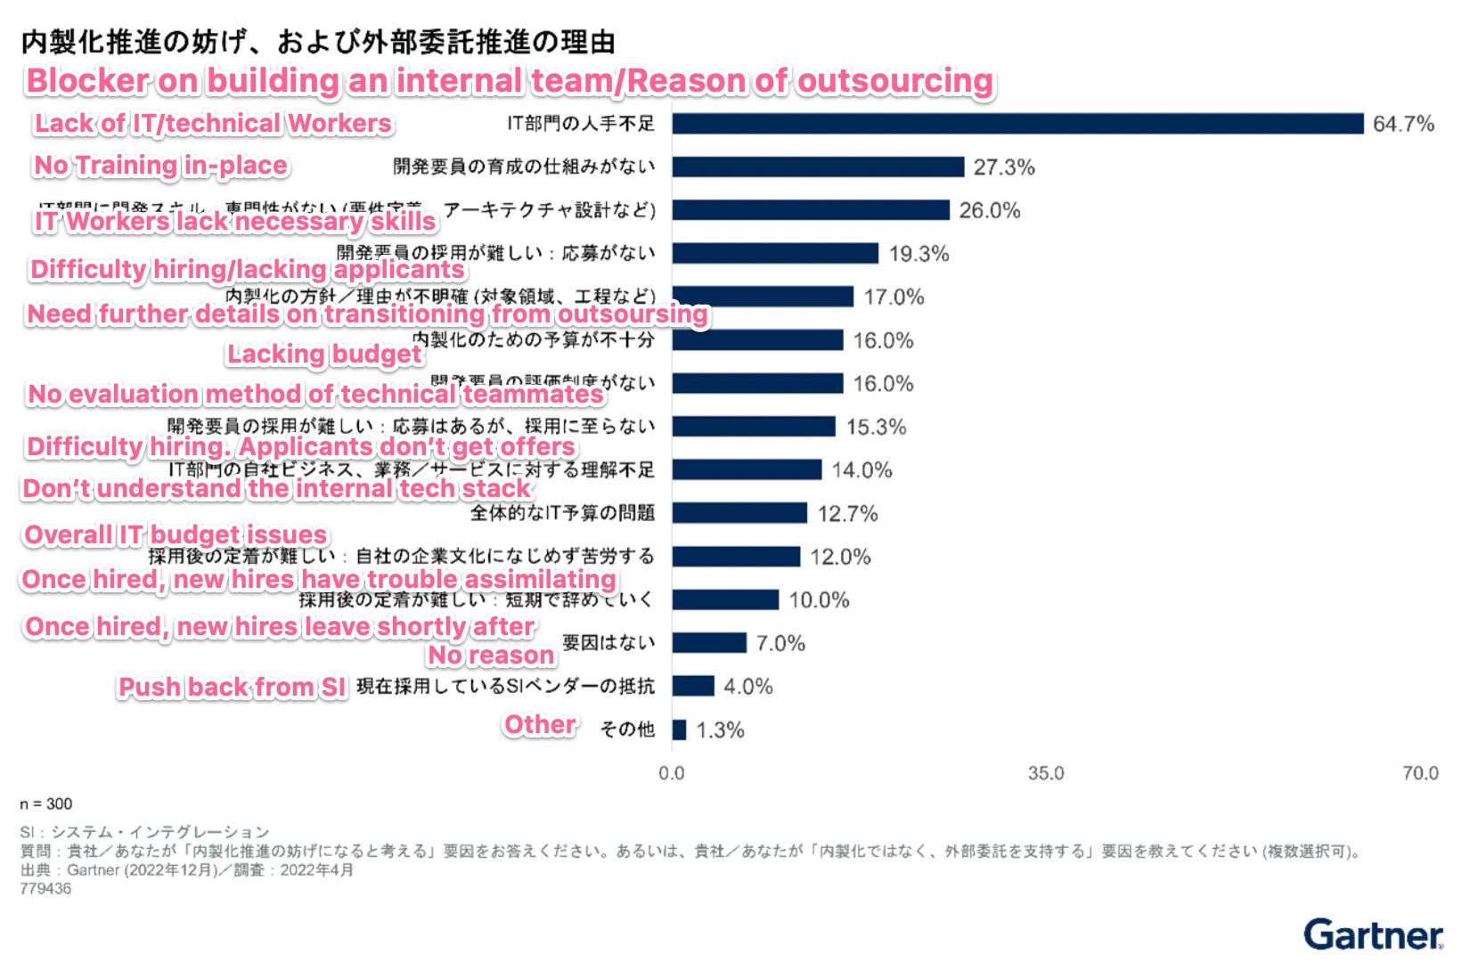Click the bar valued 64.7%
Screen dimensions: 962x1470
coord(1017,123)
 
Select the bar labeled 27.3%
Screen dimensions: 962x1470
coord(818,167)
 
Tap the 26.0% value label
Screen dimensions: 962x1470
coord(989,210)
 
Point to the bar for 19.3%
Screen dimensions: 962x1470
coord(775,253)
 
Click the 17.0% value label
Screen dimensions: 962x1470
coord(894,297)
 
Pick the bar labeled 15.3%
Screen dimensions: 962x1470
coord(754,427)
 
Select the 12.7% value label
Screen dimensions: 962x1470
coord(847,513)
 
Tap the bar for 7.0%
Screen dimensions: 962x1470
coord(709,642)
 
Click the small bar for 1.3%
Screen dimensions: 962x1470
coord(679,730)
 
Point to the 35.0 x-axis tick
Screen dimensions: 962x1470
coord(1045,772)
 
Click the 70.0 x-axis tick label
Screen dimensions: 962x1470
coord(1420,772)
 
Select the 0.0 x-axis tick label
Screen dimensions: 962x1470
coord(672,772)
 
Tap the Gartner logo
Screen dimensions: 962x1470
coord(1373,934)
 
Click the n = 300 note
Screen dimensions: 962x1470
coord(46,803)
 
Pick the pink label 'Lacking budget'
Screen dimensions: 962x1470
coord(324,354)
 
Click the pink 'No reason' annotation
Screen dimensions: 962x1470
coord(491,655)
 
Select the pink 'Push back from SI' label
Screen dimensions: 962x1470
coord(233,687)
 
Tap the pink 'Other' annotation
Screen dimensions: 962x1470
coord(541,724)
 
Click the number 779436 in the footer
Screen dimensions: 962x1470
coord(45,888)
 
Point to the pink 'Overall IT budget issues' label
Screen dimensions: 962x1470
coord(176,534)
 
